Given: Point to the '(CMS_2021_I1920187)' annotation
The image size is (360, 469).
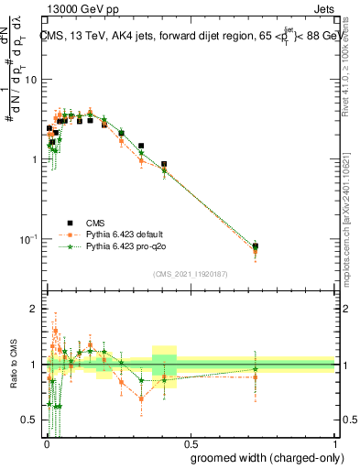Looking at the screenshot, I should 190,273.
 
